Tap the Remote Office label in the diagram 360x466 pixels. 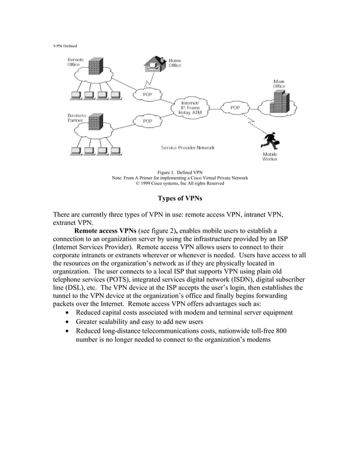[x=76, y=62]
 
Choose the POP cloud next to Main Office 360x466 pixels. [x=235, y=107]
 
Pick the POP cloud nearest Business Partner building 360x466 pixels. [x=147, y=121]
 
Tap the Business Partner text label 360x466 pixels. [x=77, y=118]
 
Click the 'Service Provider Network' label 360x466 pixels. [x=187, y=148]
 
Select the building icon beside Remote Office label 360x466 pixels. [x=95, y=66]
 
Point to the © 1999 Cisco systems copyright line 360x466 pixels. [x=179, y=183]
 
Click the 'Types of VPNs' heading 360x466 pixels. [x=179, y=198]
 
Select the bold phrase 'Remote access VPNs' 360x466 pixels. [x=105, y=231]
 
